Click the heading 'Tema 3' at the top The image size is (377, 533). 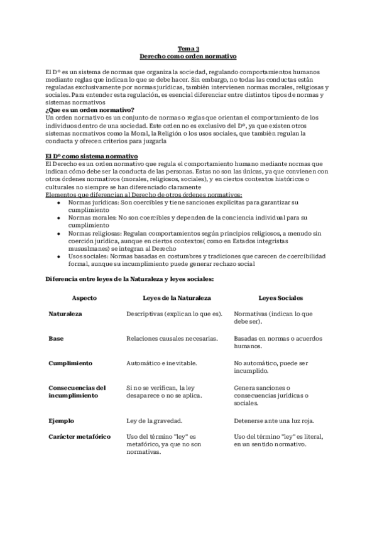[188, 48]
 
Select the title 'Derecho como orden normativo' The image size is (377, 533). [188, 56]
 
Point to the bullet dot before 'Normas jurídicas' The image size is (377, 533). [58, 202]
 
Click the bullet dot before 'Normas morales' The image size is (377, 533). [58, 217]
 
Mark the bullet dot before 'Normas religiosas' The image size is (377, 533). [58, 233]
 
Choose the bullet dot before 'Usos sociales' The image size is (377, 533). [58, 256]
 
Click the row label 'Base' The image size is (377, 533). [55, 338]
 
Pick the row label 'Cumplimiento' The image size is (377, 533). [70, 363]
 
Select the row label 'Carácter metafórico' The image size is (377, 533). [79, 436]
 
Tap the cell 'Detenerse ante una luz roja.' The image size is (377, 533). [273, 420]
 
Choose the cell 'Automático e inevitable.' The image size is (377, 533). [161, 363]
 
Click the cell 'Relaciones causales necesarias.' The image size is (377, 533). [172, 338]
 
